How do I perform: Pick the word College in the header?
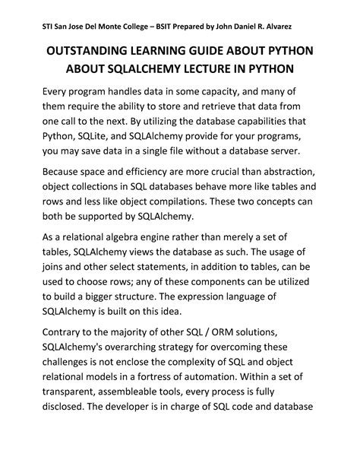(x=114, y=27)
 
